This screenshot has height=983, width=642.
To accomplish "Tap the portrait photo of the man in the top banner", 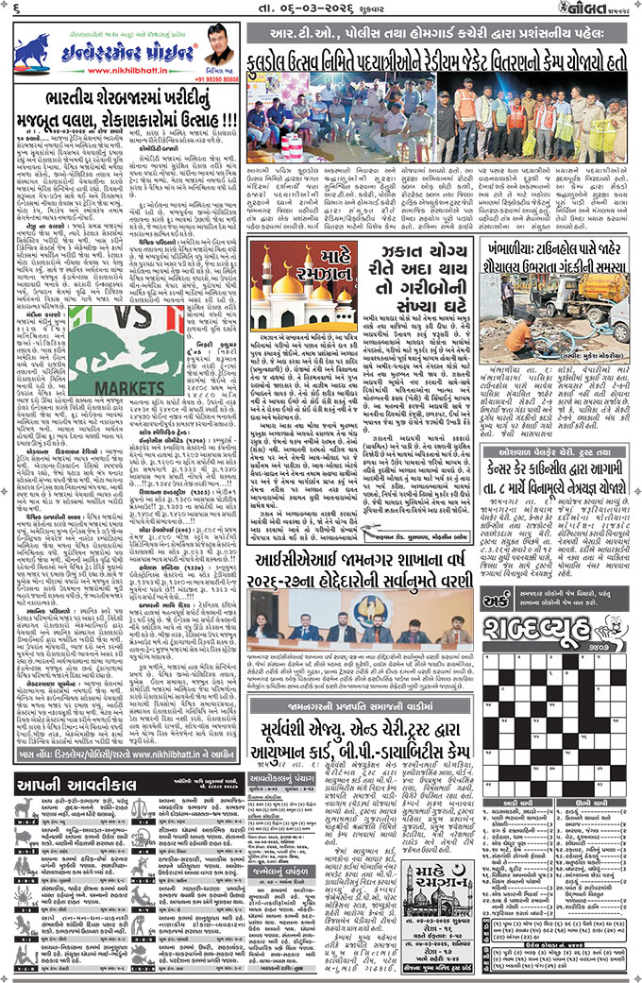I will pos(217,44).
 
